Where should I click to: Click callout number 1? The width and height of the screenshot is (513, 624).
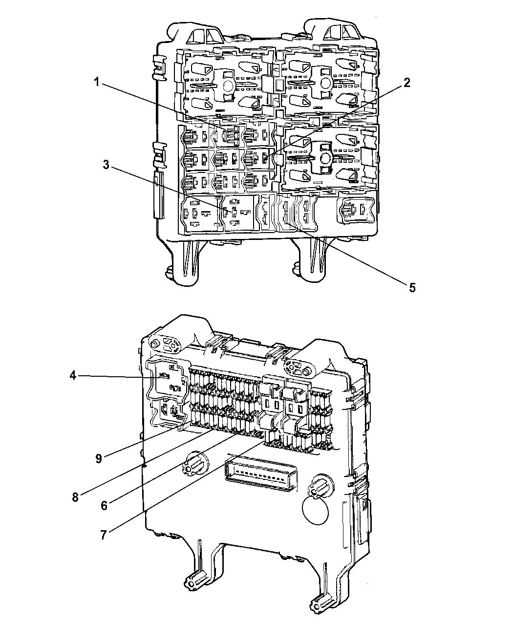(x=97, y=82)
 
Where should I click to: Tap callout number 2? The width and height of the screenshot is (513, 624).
(x=407, y=83)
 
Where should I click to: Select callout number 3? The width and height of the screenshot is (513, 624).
(x=106, y=165)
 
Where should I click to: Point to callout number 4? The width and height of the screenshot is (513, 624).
(x=73, y=376)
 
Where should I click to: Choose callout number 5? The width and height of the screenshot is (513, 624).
(x=412, y=287)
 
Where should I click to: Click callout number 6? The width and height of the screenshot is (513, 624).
(x=104, y=506)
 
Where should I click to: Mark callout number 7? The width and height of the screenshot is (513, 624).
(x=103, y=535)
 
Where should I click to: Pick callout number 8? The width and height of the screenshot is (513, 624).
(x=75, y=497)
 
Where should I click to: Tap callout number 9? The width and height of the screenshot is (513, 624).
(x=99, y=459)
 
